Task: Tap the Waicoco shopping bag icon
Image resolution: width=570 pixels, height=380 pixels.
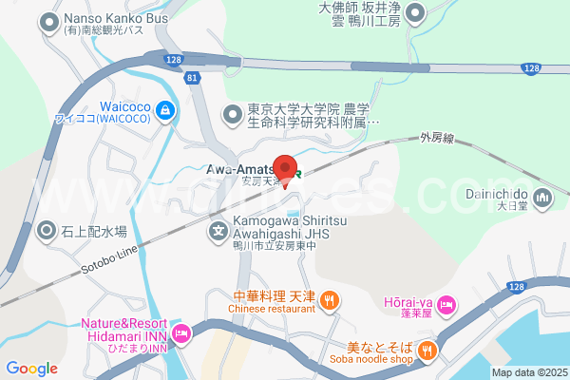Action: click(x=166, y=111)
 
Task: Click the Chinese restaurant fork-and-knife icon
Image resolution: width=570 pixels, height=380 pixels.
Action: click(x=330, y=300)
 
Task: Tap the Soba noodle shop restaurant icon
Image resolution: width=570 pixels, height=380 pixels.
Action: click(x=427, y=351)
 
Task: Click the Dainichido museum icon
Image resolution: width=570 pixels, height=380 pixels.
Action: click(x=543, y=198)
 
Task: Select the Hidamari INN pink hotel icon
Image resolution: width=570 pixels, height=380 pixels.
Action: click(x=182, y=333)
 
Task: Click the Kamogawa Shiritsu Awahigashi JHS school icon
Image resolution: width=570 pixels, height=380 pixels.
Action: click(x=218, y=229)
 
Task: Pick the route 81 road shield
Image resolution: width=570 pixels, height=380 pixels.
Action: click(x=194, y=77)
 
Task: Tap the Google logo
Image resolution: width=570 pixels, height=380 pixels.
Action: click(x=31, y=369)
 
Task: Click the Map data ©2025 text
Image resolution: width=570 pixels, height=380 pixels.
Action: click(x=529, y=371)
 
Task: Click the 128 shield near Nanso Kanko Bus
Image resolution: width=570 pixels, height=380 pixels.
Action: click(x=171, y=60)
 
